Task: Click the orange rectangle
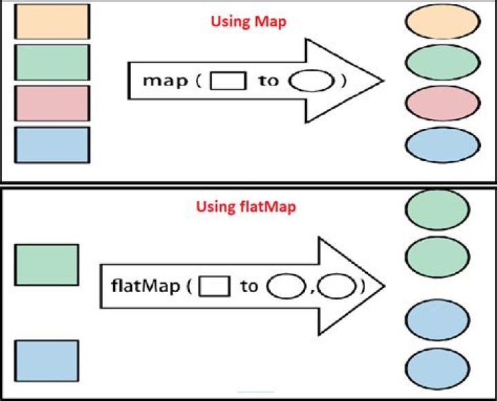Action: [x=52, y=22]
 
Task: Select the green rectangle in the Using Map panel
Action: [x=52, y=63]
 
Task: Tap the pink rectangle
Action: [x=52, y=103]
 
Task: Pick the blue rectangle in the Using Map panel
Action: [x=52, y=145]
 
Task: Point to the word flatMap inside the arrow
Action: [x=146, y=285]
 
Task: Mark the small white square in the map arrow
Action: [x=227, y=81]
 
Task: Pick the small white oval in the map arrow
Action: [x=305, y=81]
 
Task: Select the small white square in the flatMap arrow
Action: [x=214, y=285]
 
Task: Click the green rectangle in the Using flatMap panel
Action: [x=47, y=265]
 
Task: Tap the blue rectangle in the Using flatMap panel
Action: [x=47, y=360]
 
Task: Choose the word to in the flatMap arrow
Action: [x=248, y=285]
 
